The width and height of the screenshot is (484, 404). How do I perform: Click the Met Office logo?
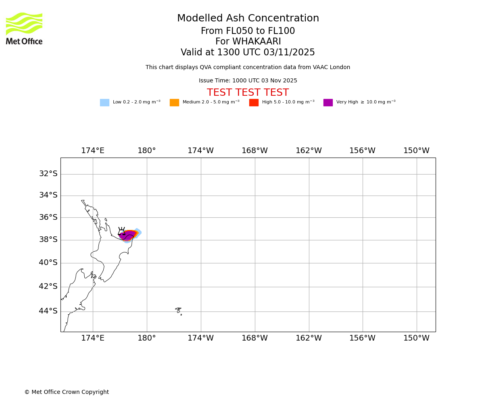coord(24,28)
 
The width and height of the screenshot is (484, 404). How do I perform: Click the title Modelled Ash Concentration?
coord(248,19)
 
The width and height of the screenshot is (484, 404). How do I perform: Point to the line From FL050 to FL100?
coord(248,31)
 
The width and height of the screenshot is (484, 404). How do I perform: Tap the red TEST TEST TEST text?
coord(248,93)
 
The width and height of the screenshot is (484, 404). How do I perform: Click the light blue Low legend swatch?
coord(104,103)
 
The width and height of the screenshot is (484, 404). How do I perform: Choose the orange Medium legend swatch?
coord(174,103)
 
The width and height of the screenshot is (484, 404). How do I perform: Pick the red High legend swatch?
coord(254,103)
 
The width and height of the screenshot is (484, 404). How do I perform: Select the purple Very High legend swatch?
coord(328,103)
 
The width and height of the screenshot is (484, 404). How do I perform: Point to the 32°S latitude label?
coord(48,174)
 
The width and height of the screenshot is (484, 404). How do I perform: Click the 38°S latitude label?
coord(48,240)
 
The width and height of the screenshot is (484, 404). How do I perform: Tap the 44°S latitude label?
coord(48,311)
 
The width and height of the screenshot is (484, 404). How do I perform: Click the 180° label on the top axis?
coord(147,151)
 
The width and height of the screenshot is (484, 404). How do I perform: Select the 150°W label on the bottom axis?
coord(417,338)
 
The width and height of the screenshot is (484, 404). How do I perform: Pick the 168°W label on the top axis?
coord(255,151)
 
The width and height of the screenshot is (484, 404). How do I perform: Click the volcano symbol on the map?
coord(121,231)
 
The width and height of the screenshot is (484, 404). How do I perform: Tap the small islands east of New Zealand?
coord(178,310)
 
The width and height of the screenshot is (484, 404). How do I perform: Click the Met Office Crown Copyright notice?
coord(67,392)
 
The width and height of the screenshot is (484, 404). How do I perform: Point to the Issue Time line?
coord(248,81)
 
